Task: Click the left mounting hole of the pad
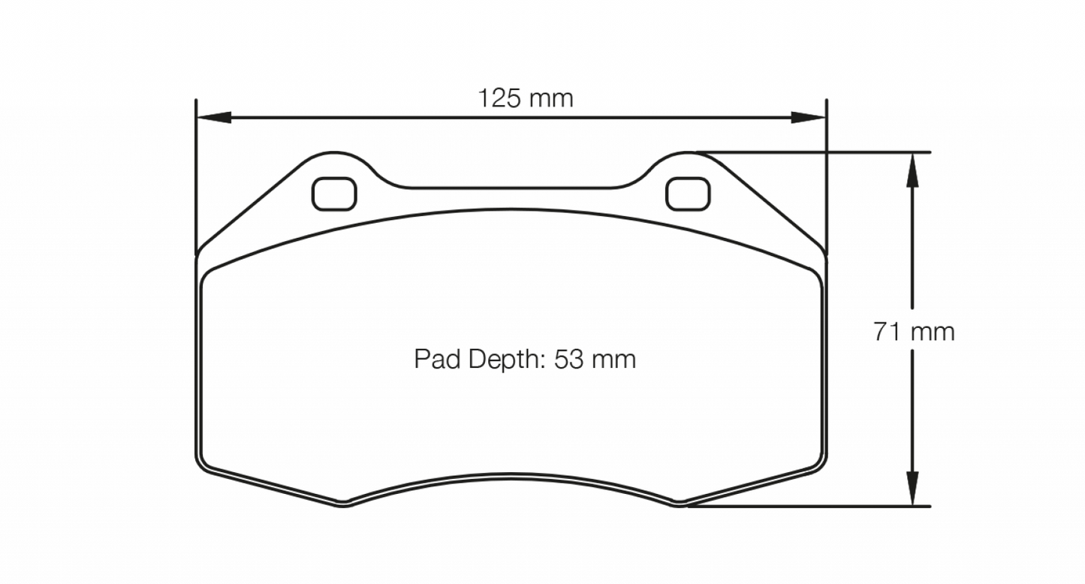[x=334, y=194]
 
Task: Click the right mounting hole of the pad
[x=688, y=194]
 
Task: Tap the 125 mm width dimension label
[x=526, y=98]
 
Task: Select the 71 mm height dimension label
[x=914, y=331]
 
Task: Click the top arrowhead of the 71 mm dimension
[x=912, y=168]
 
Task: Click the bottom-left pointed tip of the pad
[x=342, y=504]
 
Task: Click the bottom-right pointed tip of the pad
[x=680, y=504]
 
